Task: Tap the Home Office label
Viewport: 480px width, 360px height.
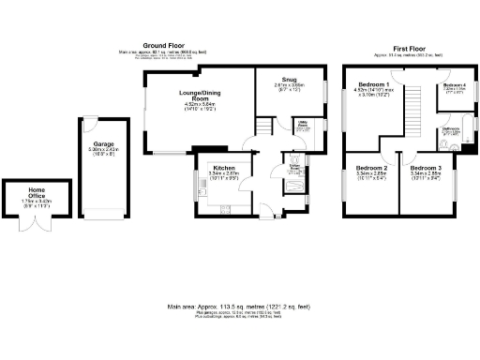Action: tap(25, 193)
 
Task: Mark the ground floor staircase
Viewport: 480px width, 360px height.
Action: tap(264, 127)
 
